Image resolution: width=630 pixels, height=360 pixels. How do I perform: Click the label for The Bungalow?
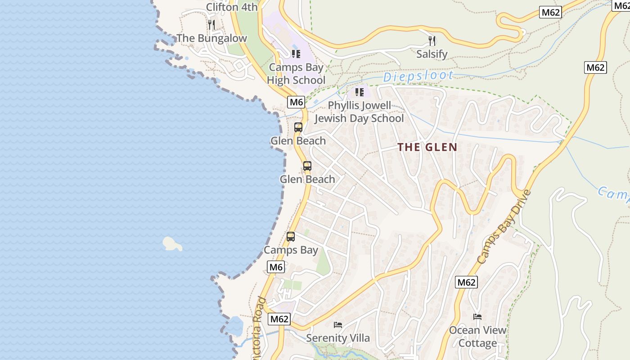pyautogui.click(x=211, y=38)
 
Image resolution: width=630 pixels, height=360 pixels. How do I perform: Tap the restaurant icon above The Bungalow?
pyautogui.click(x=211, y=24)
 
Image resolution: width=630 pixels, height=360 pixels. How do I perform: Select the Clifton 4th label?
pyautogui.click(x=232, y=7)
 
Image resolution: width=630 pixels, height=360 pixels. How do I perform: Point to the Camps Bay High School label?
pyautogui.click(x=296, y=74)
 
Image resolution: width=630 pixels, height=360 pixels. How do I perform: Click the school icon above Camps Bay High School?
pyautogui.click(x=296, y=54)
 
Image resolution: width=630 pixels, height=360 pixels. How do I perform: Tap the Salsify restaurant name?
pyautogui.click(x=432, y=54)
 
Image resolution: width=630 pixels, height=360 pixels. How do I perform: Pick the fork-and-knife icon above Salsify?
pyautogui.click(x=432, y=41)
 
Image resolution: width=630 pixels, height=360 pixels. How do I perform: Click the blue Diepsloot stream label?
pyautogui.click(x=418, y=77)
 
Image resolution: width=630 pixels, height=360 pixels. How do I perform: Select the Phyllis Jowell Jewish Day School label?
pyautogui.click(x=359, y=112)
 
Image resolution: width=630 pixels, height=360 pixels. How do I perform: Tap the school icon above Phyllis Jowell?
pyautogui.click(x=359, y=92)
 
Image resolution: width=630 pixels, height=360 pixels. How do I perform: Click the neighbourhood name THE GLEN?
pyautogui.click(x=427, y=147)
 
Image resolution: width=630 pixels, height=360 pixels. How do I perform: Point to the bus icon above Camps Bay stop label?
pyautogui.click(x=291, y=237)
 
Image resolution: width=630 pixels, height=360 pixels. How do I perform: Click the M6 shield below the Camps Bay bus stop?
pyautogui.click(x=276, y=267)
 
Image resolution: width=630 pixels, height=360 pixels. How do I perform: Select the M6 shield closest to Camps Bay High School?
pyautogui.click(x=296, y=102)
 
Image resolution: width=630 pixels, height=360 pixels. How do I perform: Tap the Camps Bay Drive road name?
pyautogui.click(x=504, y=227)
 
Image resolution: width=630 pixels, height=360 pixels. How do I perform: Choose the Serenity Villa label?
pyautogui.click(x=338, y=338)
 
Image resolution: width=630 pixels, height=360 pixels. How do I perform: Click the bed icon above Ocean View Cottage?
pyautogui.click(x=477, y=317)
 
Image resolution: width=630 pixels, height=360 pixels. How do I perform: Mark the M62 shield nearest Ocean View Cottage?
pyautogui.click(x=466, y=282)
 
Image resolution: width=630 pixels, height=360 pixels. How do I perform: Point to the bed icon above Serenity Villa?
pyautogui.click(x=338, y=325)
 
